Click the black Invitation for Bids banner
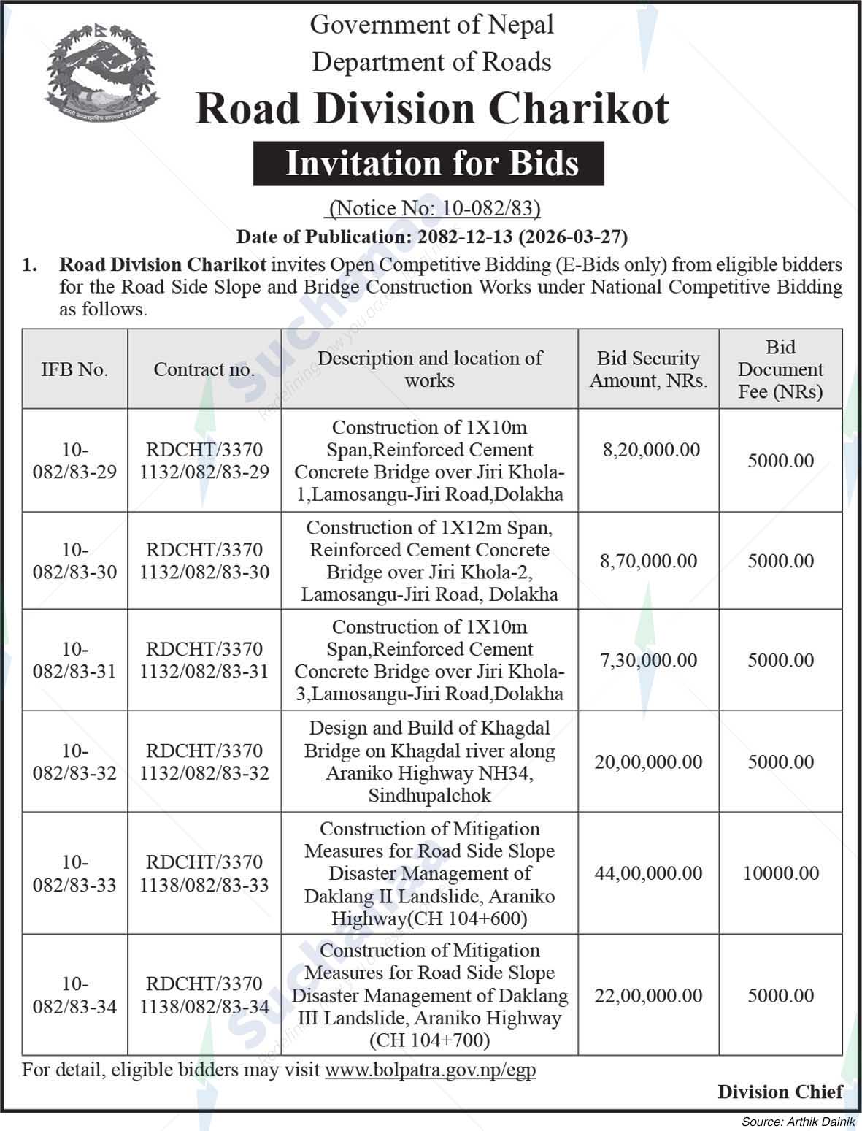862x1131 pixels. (x=428, y=163)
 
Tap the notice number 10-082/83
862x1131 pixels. (x=434, y=210)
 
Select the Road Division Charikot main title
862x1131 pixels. (x=431, y=109)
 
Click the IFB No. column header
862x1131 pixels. (x=74, y=369)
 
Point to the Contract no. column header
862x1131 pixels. (x=204, y=369)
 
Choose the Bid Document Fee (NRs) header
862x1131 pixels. (x=780, y=369)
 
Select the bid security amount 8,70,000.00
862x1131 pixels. (x=648, y=561)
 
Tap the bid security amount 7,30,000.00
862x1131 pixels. (x=648, y=660)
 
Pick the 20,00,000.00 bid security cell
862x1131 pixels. (x=648, y=762)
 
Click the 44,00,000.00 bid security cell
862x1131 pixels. (x=648, y=873)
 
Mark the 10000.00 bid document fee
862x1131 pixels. (x=780, y=873)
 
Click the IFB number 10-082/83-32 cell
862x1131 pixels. (x=74, y=762)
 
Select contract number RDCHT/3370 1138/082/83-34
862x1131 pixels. (x=204, y=995)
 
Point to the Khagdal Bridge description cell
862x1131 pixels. (x=429, y=762)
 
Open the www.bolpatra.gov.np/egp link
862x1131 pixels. (x=430, y=1070)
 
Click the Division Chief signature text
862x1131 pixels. (x=780, y=1092)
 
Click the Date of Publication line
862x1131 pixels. (x=431, y=237)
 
